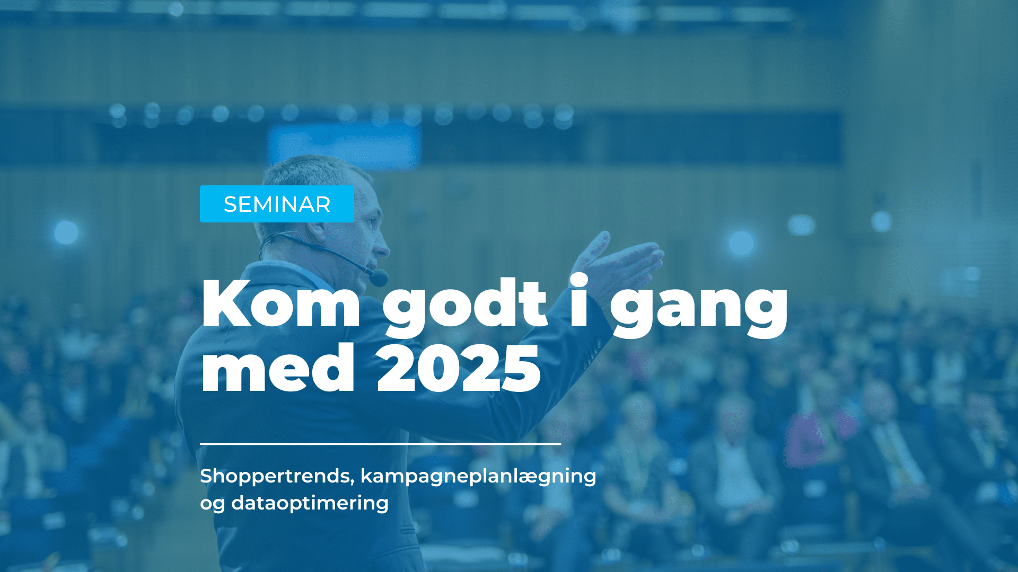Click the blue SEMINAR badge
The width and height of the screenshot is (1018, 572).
click(277, 204)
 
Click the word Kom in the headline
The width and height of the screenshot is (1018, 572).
click(281, 303)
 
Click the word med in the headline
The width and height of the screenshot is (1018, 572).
click(277, 367)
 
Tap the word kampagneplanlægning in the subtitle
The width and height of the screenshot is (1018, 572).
click(478, 476)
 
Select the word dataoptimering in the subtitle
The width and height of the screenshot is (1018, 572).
click(310, 503)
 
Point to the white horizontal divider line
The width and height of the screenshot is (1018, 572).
click(380, 443)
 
